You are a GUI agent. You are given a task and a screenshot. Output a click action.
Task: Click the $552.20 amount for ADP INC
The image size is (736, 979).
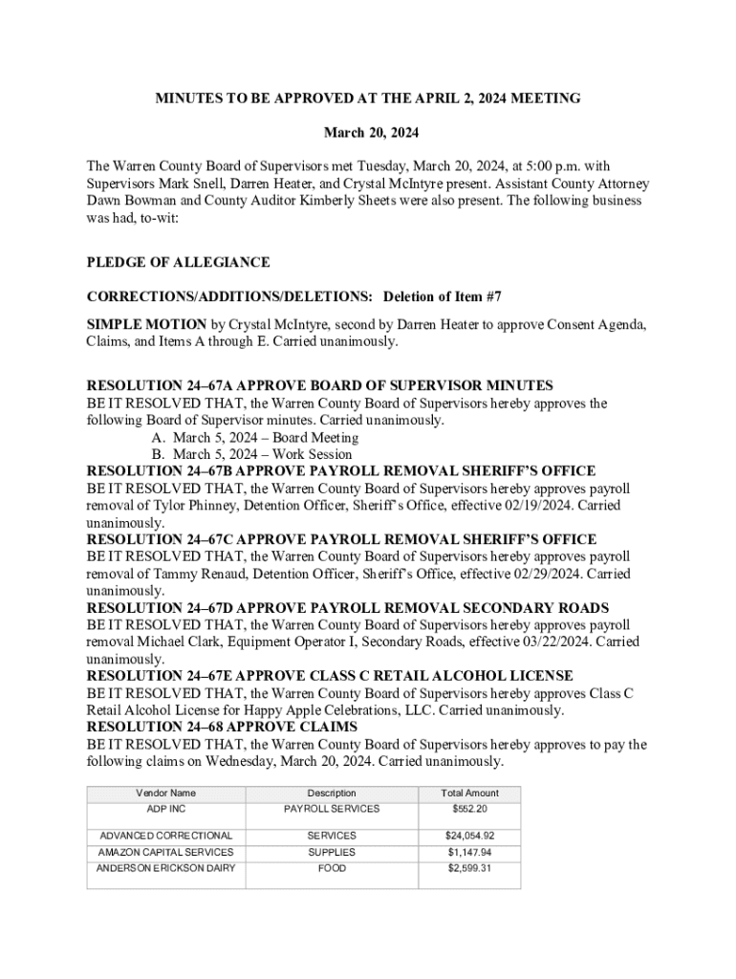pos(469,809)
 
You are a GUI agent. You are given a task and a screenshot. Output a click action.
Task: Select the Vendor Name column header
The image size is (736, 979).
pos(165,793)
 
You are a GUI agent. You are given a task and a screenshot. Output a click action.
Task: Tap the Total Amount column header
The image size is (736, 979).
pos(469,793)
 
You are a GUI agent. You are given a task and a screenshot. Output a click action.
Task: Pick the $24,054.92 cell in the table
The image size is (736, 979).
pos(469,836)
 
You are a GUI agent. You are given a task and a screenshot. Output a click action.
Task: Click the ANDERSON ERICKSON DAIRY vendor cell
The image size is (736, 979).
pos(166,868)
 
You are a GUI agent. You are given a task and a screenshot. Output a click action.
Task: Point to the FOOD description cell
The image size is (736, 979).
pos(332,868)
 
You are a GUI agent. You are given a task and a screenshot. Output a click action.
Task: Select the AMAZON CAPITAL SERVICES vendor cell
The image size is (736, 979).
pos(166,852)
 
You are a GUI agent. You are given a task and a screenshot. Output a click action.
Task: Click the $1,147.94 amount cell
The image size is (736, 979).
pos(469,852)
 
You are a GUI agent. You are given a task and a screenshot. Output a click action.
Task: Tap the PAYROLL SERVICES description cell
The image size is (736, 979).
pos(332,809)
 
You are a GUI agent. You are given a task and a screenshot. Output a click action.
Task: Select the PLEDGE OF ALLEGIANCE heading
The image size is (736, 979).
pos(178,263)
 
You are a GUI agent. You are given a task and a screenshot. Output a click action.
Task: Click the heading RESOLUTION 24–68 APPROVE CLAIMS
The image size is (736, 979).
pos(222,728)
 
